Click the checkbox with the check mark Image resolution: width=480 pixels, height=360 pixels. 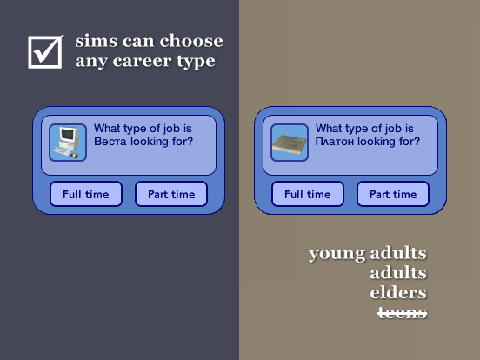(45, 51)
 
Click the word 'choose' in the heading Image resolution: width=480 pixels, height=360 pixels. (191, 41)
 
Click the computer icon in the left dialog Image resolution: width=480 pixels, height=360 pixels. (68, 143)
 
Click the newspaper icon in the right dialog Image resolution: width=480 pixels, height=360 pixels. (290, 143)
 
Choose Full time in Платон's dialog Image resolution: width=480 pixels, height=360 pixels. (308, 194)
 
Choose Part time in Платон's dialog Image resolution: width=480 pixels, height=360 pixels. (393, 194)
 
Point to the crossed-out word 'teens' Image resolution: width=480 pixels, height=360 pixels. (403, 312)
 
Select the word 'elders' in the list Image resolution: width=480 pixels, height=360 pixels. (398, 292)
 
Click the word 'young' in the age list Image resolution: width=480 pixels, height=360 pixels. (337, 255)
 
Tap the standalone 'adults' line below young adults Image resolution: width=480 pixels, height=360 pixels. (398, 272)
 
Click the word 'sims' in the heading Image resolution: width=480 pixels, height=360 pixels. (97, 42)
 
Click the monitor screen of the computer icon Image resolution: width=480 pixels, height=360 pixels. (67, 134)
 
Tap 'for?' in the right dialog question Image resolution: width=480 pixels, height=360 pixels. (409, 142)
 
